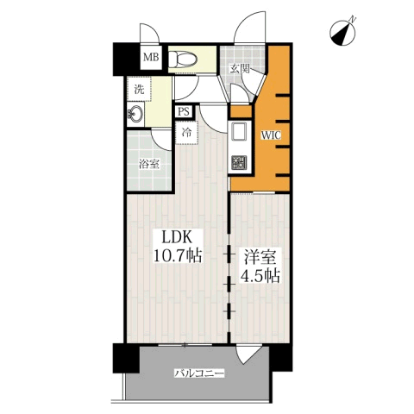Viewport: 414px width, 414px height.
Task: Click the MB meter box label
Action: coord(151,57)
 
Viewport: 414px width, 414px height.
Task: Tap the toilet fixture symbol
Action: coord(183,60)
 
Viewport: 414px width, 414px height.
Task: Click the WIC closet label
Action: coord(271,135)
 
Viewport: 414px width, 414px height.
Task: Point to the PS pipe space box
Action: coord(184,111)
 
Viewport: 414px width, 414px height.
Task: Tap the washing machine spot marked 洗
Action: coord(139,89)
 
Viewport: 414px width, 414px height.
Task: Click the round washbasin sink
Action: coord(135,114)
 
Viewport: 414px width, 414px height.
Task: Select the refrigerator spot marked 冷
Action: coord(187,133)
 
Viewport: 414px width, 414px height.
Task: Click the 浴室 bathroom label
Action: coord(149,164)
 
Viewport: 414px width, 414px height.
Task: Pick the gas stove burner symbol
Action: coord(239,162)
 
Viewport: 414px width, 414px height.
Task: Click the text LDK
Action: coord(177,238)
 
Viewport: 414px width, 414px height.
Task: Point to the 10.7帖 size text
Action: coord(178,255)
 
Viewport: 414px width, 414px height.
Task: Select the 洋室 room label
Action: coord(260,257)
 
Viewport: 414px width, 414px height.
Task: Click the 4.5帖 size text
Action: coord(260,276)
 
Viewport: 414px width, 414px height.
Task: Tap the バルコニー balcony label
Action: coord(199,373)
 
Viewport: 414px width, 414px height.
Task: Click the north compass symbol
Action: coord(343,33)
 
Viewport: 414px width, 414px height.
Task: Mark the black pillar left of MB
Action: coord(127,60)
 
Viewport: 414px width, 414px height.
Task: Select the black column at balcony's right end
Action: coord(280,357)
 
